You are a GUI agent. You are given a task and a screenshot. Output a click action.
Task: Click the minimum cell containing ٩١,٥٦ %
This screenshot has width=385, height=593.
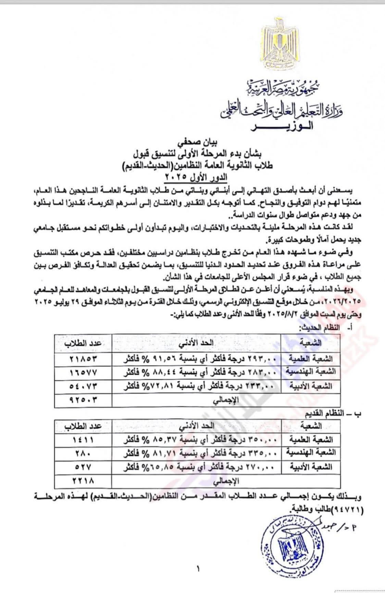[x=196, y=359]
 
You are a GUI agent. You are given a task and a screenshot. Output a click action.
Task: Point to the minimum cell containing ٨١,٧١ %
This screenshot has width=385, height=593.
[x=196, y=453]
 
